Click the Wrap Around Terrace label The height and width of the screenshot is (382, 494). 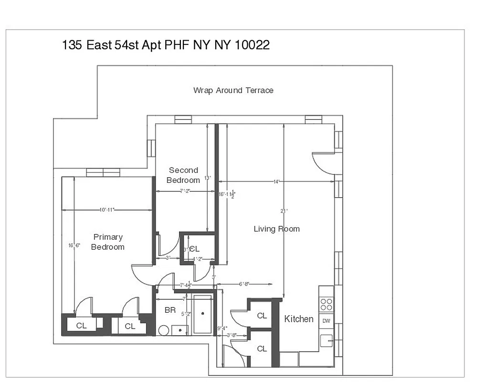coord(233,90)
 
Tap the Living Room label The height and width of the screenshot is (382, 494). coord(276,229)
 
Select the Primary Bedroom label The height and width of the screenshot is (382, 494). coord(108,242)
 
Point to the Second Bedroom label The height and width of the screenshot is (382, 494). coord(183,175)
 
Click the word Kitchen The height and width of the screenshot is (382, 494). coord(299,319)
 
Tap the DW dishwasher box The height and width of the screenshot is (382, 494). coord(326,320)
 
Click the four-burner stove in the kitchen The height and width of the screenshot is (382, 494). coord(326,304)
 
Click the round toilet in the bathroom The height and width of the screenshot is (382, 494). coord(164,330)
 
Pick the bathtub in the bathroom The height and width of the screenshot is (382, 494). coord(203,314)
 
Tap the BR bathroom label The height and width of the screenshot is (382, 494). coord(170,310)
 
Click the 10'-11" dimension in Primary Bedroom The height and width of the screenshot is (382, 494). coord(107,210)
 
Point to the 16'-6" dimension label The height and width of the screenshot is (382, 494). coord(74,245)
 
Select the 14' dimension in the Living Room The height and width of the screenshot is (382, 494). coord(276,181)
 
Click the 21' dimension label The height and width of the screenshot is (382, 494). coord(284,210)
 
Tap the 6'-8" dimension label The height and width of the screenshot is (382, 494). coord(244,284)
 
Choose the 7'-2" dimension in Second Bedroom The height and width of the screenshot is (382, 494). coord(185,191)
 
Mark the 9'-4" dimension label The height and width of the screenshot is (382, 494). coord(221,328)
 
